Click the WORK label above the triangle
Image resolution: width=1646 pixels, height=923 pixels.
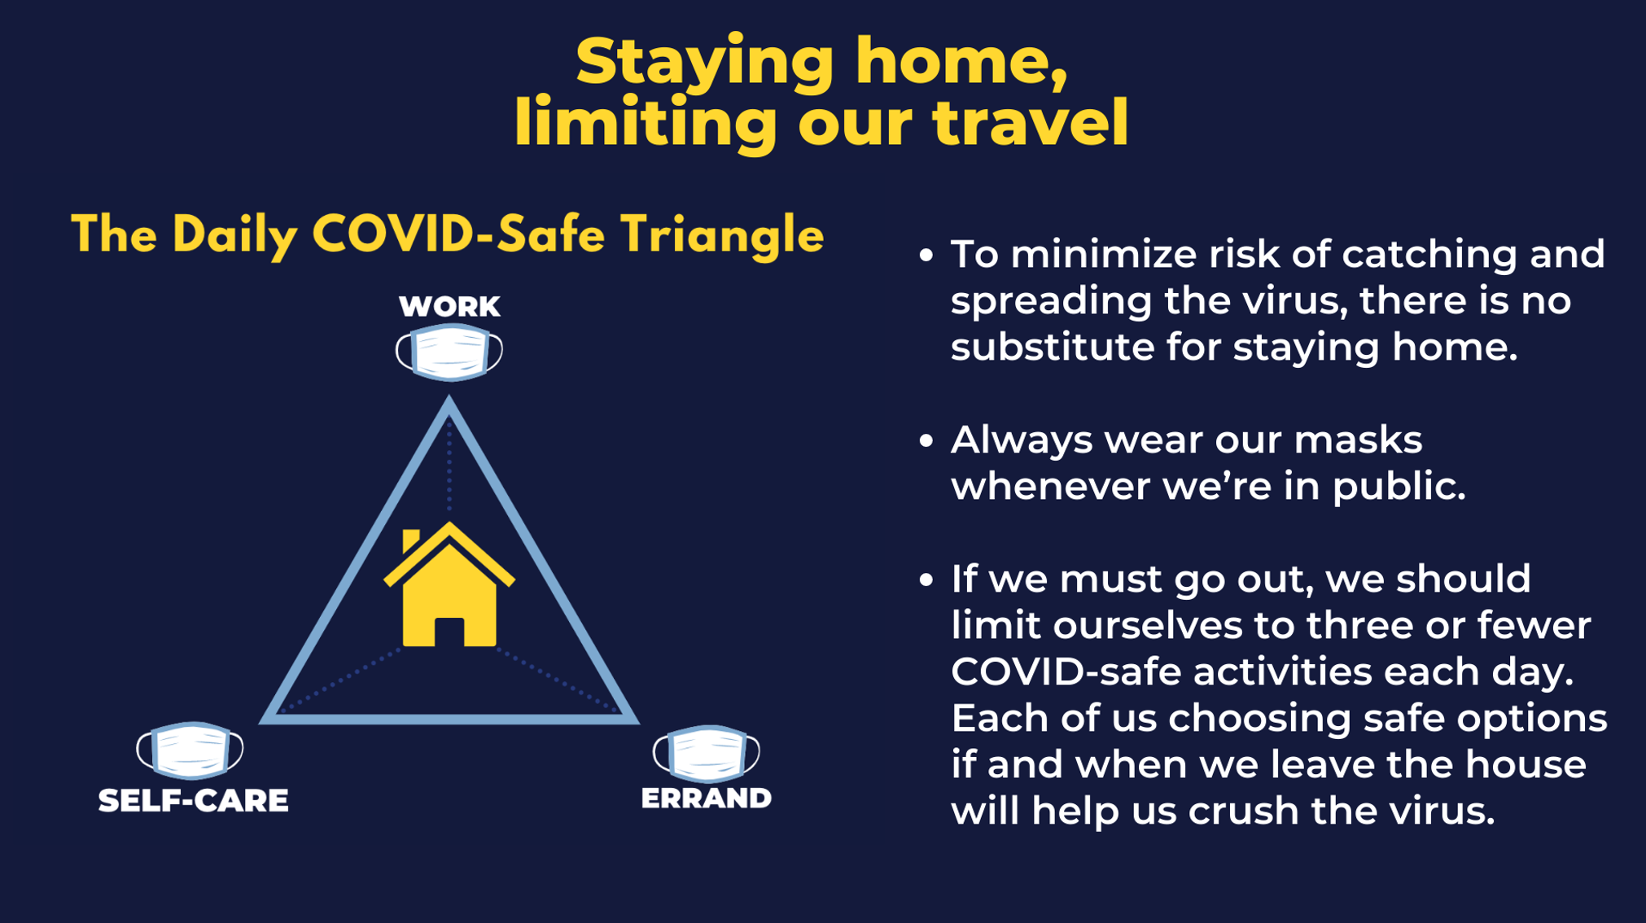[449, 307]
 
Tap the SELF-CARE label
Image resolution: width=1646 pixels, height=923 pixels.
[193, 801]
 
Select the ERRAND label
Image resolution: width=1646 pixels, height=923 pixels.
[706, 798]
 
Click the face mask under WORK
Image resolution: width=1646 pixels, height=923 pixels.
[449, 352]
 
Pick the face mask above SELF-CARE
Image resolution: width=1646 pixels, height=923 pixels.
[190, 750]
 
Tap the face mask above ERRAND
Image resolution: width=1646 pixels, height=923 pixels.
[706, 753]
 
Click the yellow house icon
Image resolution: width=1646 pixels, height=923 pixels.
[449, 584]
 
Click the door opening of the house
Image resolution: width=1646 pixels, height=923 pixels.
[449, 632]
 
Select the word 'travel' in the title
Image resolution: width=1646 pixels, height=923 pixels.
[1031, 121]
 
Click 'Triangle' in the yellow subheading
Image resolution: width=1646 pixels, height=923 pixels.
[722, 235]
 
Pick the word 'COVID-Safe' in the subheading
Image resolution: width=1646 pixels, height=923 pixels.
[458, 234]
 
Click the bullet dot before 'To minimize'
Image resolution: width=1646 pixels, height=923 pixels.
[926, 256]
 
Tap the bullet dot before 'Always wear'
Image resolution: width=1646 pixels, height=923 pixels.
[926, 441]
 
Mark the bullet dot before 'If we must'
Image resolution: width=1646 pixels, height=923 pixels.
[926, 580]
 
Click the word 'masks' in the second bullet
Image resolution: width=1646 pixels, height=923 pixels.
[1358, 440]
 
